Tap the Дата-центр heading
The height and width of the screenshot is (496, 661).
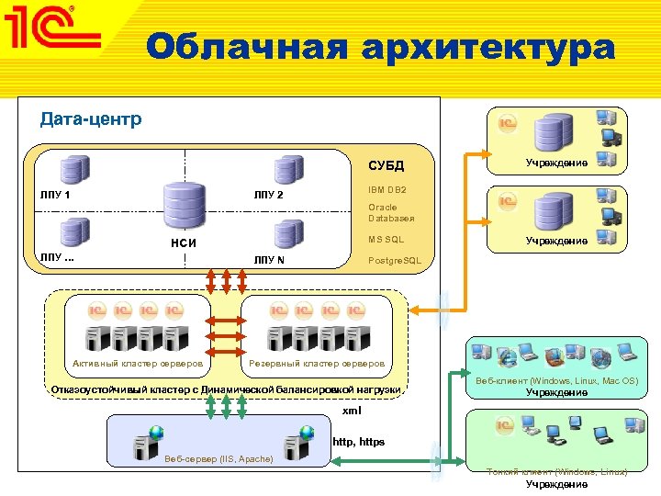pyautogui.click(x=91, y=119)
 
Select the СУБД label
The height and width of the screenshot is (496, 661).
pyautogui.click(x=386, y=166)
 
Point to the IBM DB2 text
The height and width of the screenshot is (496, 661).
pyautogui.click(x=387, y=189)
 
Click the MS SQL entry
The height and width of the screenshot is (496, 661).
pyautogui.click(x=386, y=240)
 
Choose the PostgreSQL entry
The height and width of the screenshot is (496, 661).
pyautogui.click(x=395, y=261)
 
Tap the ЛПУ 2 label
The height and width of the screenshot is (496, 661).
pyautogui.click(x=269, y=196)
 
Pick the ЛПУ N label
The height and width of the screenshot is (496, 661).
pyautogui.click(x=269, y=260)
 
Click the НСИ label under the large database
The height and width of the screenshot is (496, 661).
pyautogui.click(x=185, y=243)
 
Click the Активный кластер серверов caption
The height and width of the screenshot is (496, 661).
pyautogui.click(x=138, y=363)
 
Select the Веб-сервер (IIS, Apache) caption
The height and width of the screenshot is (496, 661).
pyautogui.click(x=218, y=457)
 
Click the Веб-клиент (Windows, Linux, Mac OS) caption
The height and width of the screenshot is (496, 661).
pyautogui.click(x=557, y=380)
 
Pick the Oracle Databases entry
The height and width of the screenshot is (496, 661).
pyautogui.click(x=391, y=213)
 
